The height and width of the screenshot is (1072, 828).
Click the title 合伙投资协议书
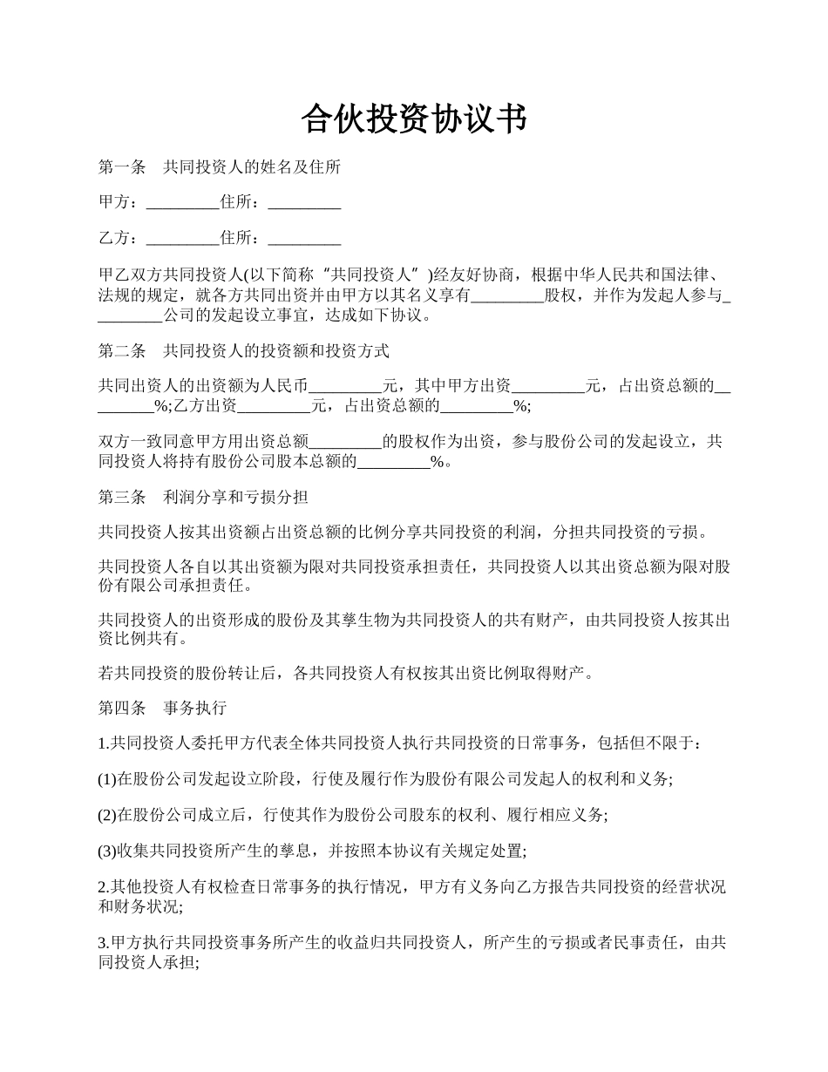[x=414, y=119]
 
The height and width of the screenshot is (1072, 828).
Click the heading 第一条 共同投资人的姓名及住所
[x=219, y=166]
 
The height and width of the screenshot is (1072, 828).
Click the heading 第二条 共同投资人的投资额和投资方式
[x=243, y=351]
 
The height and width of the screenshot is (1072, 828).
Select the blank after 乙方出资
[x=274, y=406]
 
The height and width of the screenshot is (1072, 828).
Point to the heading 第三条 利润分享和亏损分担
[x=202, y=498]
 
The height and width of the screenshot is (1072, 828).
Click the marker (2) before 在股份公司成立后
[x=106, y=815]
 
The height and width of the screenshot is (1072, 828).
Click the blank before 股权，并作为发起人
[x=507, y=295]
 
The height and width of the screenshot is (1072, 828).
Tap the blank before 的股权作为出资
[x=346, y=442]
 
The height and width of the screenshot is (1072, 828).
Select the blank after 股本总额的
[x=394, y=463]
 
